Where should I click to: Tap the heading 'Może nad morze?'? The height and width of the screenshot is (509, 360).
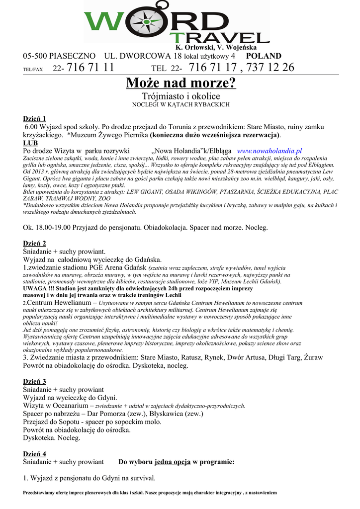pos(181,83)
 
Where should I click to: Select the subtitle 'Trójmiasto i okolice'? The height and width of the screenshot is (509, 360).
pos(181,96)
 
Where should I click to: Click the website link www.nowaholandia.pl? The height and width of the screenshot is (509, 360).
pos(270,151)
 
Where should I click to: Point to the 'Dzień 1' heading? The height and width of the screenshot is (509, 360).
pos(35,118)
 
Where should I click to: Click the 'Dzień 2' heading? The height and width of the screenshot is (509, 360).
pos(35,243)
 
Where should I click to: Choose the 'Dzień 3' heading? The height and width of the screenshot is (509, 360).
pos(35,381)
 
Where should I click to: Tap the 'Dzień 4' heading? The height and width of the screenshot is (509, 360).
pos(35,454)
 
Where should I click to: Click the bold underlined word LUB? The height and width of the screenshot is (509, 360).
pos(30,143)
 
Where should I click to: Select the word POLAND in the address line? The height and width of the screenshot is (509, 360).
pos(264,56)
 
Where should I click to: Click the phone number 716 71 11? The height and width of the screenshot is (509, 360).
pos(90,67)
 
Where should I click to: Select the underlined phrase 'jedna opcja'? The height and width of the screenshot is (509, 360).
pos(173,462)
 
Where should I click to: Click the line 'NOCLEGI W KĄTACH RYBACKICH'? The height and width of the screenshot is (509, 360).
pos(181,105)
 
